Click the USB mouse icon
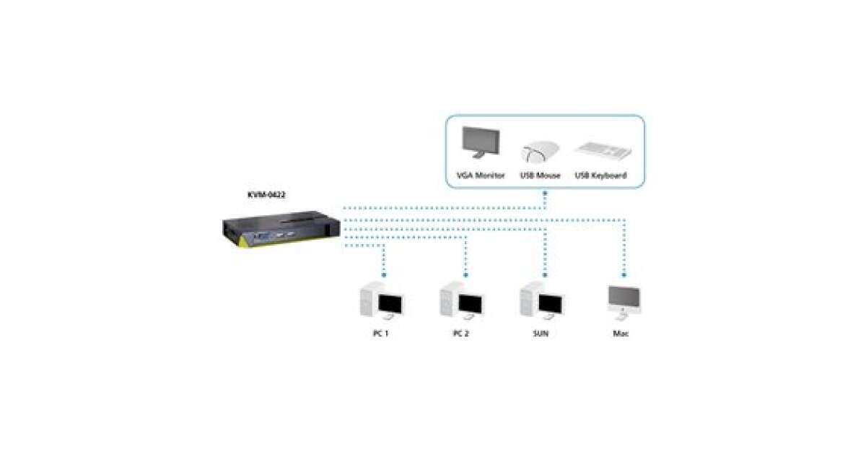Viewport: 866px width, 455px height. [541, 152]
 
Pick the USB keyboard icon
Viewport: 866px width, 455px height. [603, 149]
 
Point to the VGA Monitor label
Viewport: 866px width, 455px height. [481, 175]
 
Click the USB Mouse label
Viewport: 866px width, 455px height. [541, 175]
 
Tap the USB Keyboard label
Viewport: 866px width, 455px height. [600, 175]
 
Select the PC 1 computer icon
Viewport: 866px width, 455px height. [381, 303]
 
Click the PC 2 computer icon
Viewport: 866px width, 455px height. [461, 303]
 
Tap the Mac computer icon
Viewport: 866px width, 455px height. [621, 301]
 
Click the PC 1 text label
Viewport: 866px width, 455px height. [380, 334]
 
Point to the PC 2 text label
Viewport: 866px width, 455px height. [461, 334]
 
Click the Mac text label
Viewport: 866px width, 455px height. [621, 334]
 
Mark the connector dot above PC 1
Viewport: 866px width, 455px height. [384, 275]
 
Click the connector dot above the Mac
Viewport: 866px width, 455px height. [623, 275]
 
